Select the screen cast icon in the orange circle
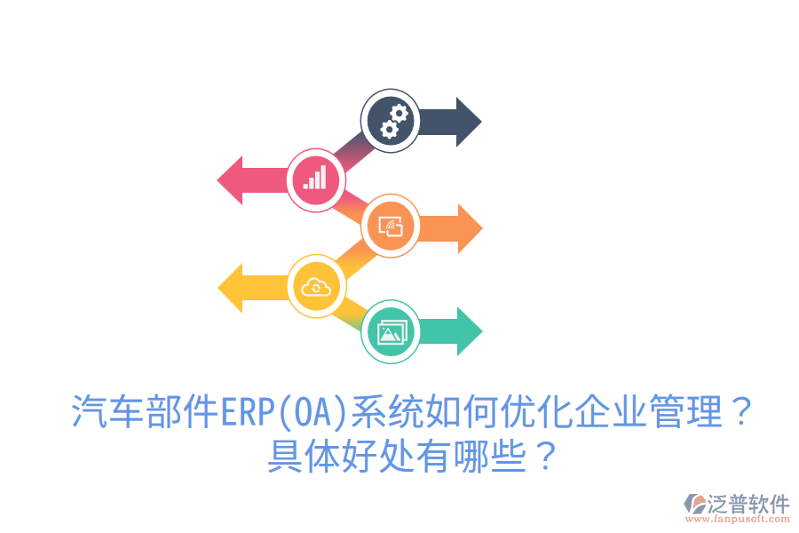(392, 228)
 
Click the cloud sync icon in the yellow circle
(316, 286)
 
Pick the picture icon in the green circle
(392, 332)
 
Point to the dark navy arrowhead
(468, 122)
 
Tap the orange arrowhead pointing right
(469, 228)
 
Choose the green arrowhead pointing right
(469, 331)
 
